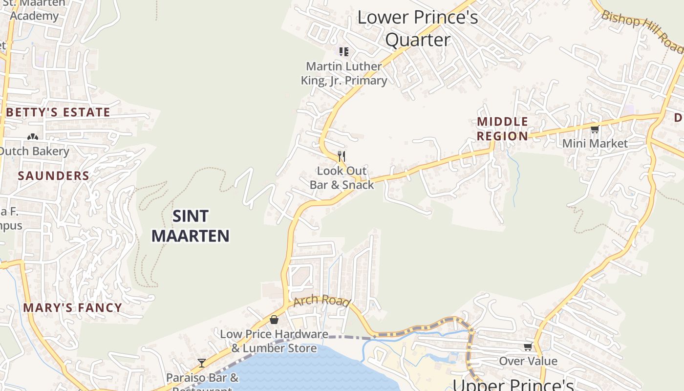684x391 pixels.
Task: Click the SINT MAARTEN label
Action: pyautogui.click(x=191, y=226)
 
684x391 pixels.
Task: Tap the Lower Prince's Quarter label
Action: pyautogui.click(x=417, y=28)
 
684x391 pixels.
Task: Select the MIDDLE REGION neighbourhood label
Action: pyautogui.click(x=503, y=129)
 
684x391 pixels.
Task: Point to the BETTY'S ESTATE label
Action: pyautogui.click(x=59, y=112)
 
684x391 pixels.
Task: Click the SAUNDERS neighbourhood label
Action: pyautogui.click(x=54, y=176)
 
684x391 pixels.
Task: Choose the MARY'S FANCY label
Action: pyautogui.click(x=73, y=307)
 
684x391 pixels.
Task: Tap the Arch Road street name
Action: pyautogui.click(x=322, y=300)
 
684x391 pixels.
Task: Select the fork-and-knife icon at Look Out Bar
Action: pyautogui.click(x=342, y=156)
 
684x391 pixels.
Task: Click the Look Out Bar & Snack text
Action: pyautogui.click(x=342, y=178)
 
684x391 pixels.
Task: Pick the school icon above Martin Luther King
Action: pyautogui.click(x=344, y=51)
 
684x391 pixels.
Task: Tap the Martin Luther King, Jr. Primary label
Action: pyautogui.click(x=344, y=73)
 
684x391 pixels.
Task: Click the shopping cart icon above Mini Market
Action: pyautogui.click(x=595, y=130)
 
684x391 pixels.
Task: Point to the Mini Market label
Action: pyautogui.click(x=595, y=144)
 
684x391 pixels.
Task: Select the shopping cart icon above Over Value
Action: pyautogui.click(x=528, y=347)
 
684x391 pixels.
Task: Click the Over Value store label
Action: pyautogui.click(x=528, y=361)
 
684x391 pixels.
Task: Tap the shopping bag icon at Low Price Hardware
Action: pyautogui.click(x=274, y=320)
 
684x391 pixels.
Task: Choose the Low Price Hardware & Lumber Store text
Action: pyautogui.click(x=274, y=341)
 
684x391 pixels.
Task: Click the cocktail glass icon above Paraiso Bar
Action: pyautogui.click(x=202, y=363)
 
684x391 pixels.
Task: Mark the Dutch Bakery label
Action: pyautogui.click(x=34, y=151)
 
